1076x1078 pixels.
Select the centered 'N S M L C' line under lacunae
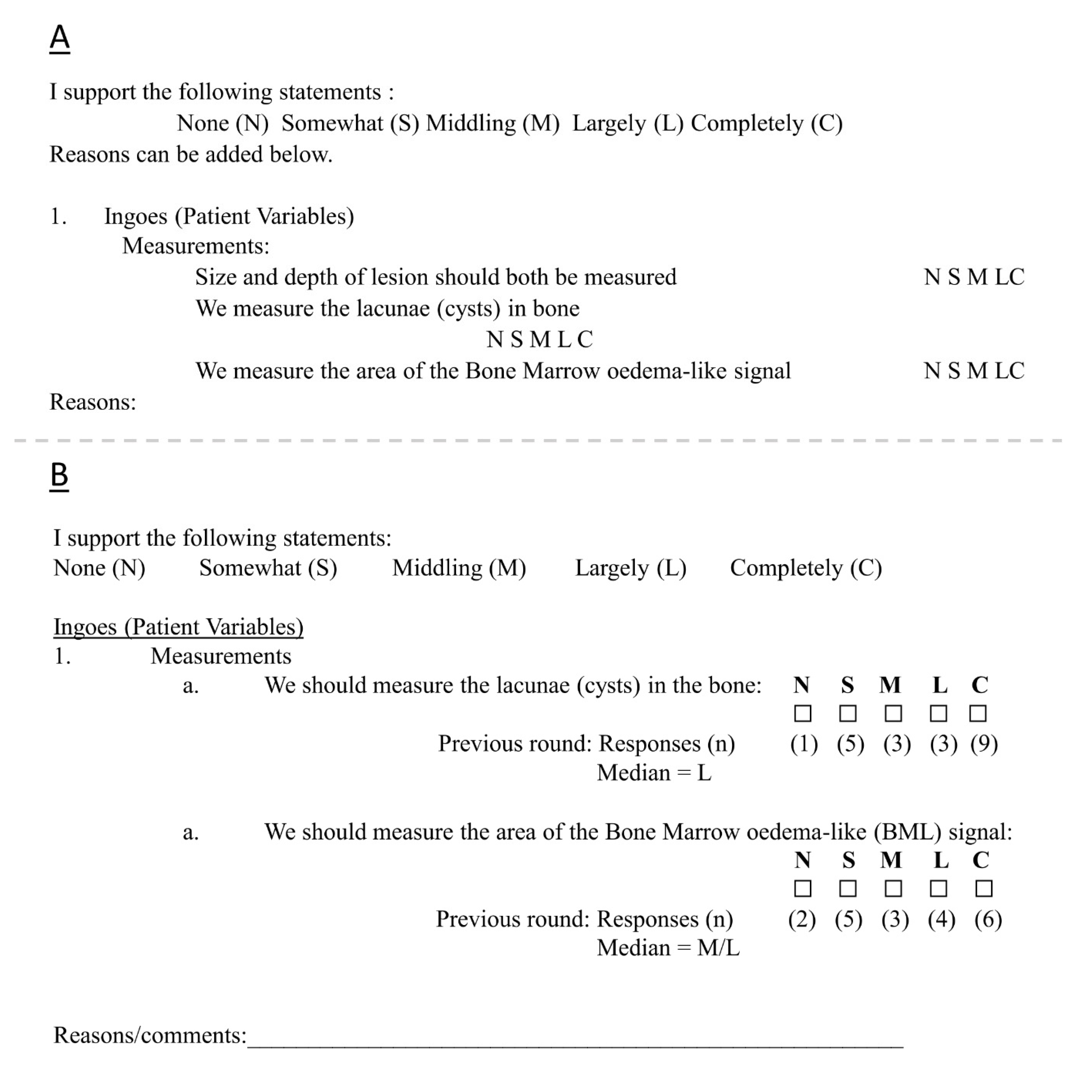coord(539,339)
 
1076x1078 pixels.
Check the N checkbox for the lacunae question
coord(803,714)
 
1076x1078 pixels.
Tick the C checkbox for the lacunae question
coord(978,714)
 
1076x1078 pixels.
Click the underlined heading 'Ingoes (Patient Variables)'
coord(178,627)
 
